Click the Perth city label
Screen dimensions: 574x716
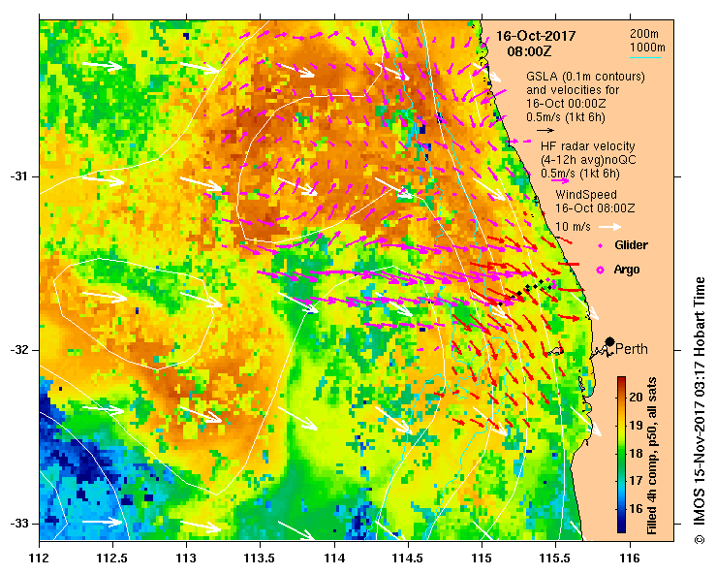click(632, 349)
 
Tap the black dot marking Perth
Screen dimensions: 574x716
click(609, 341)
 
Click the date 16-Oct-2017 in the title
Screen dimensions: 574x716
click(536, 36)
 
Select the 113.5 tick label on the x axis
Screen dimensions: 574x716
click(261, 558)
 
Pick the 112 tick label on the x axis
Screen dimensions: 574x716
click(40, 558)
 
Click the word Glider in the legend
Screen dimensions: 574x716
click(631, 245)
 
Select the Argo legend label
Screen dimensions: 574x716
click(627, 269)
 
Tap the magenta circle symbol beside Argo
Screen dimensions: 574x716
click(600, 269)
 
